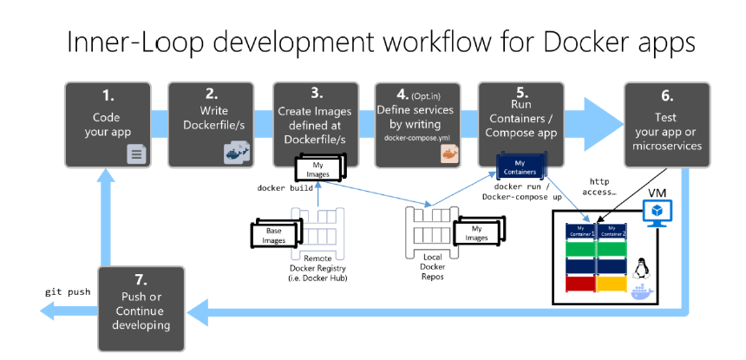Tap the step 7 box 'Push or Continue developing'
pos(141,309)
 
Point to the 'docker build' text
pos(284,187)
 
